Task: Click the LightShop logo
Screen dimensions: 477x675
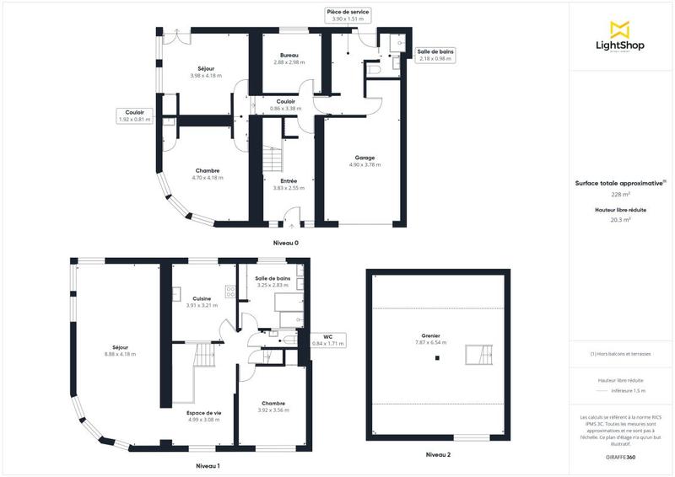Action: (621, 37)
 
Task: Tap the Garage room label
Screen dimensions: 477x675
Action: (364, 161)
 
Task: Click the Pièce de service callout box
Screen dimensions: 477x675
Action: (348, 14)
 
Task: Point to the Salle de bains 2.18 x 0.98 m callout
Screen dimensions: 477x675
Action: (435, 55)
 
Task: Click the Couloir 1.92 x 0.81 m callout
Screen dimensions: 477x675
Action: (134, 115)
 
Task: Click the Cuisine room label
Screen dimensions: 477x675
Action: (202, 302)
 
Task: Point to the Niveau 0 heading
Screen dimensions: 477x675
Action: (285, 243)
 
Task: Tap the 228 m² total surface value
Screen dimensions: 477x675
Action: (621, 194)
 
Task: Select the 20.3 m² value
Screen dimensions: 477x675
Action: (621, 219)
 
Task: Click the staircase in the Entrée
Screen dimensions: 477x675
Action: (272, 158)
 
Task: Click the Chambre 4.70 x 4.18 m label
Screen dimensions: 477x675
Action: (207, 174)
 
